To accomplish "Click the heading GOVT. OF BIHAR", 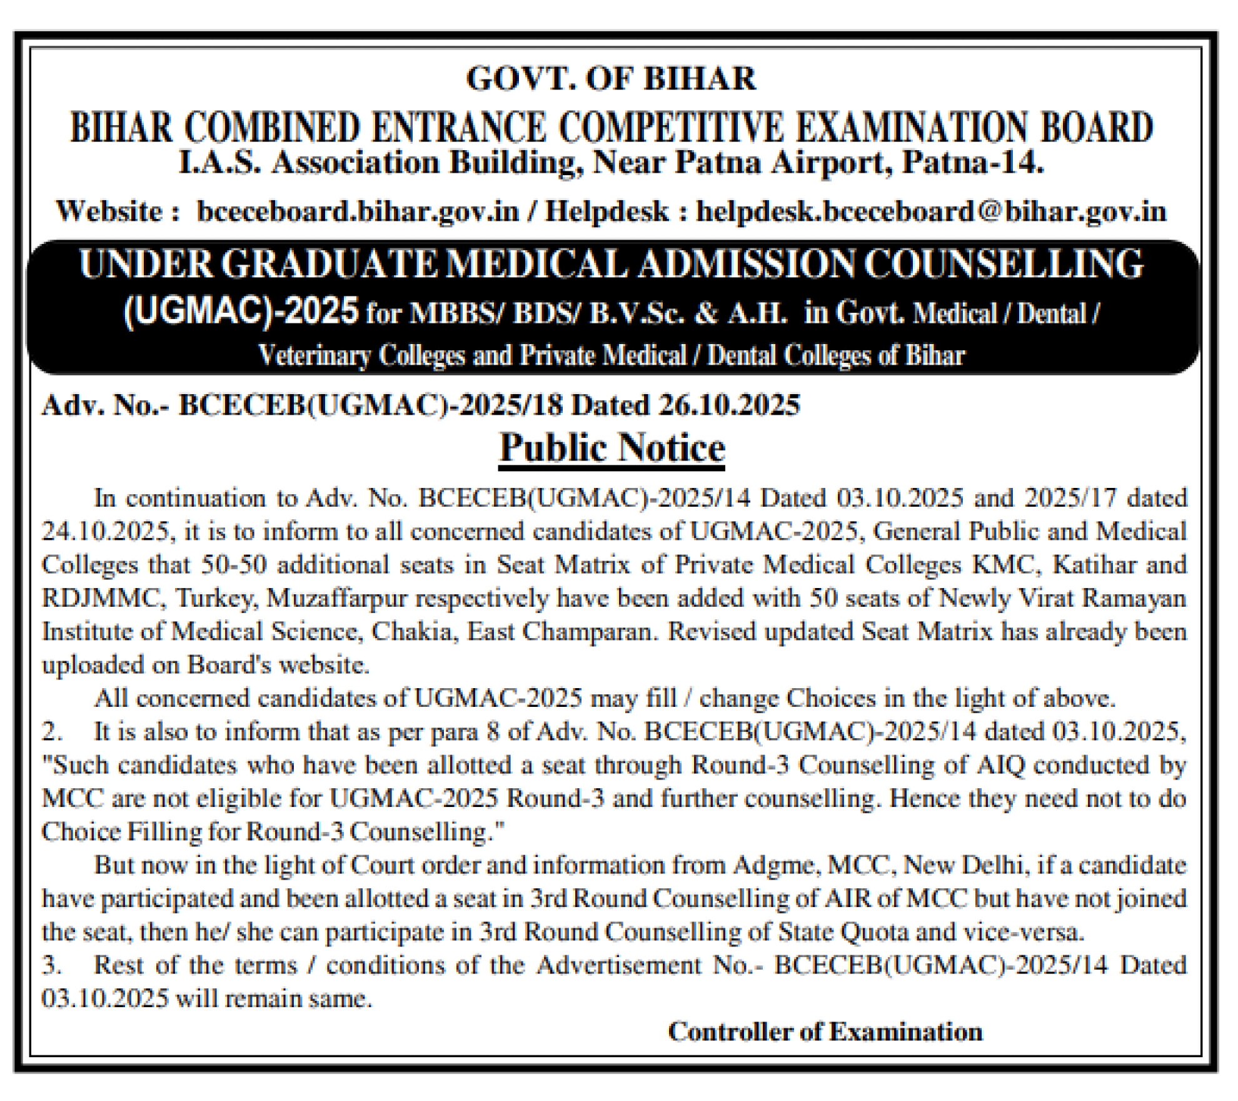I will click(611, 79).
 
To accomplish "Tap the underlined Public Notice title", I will click(612, 448).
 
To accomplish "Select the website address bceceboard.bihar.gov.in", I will click(358, 211).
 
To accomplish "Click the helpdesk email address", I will click(932, 211).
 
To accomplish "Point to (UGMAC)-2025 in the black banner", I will click(241, 311).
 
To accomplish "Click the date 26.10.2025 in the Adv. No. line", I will click(729, 405).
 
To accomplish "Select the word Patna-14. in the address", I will click(974, 163).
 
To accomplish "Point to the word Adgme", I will click(776, 865).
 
